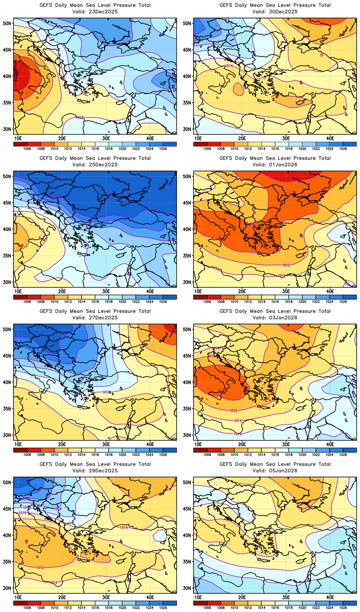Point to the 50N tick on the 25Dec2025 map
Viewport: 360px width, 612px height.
(7, 176)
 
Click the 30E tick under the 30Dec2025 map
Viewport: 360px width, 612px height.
(286, 138)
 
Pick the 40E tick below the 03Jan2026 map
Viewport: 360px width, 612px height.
(330, 444)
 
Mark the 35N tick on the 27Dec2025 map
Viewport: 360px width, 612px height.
(7, 409)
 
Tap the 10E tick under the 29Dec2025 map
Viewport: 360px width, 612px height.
(18, 597)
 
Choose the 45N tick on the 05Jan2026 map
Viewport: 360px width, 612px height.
(187, 509)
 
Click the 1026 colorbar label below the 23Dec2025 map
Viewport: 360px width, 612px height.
(163, 149)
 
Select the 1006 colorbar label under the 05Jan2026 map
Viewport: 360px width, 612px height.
(207, 608)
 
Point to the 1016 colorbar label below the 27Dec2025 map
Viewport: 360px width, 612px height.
(95, 455)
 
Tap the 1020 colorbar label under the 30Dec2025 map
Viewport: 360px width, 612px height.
(302, 149)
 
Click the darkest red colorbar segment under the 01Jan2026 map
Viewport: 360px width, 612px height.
(200, 297)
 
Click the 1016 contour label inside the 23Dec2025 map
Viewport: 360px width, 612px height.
(80, 117)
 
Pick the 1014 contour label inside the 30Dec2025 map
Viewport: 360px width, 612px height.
(229, 66)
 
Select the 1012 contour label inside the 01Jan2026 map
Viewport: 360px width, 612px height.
(286, 265)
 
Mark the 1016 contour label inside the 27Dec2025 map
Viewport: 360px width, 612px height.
(106, 392)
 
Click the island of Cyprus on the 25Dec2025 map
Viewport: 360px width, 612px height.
(120, 255)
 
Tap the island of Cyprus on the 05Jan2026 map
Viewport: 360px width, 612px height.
(301, 561)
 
